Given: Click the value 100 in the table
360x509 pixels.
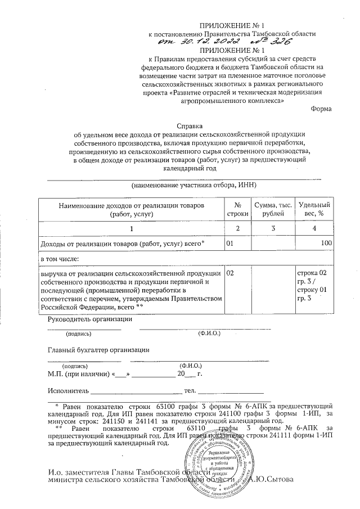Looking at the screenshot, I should point(325,244).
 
